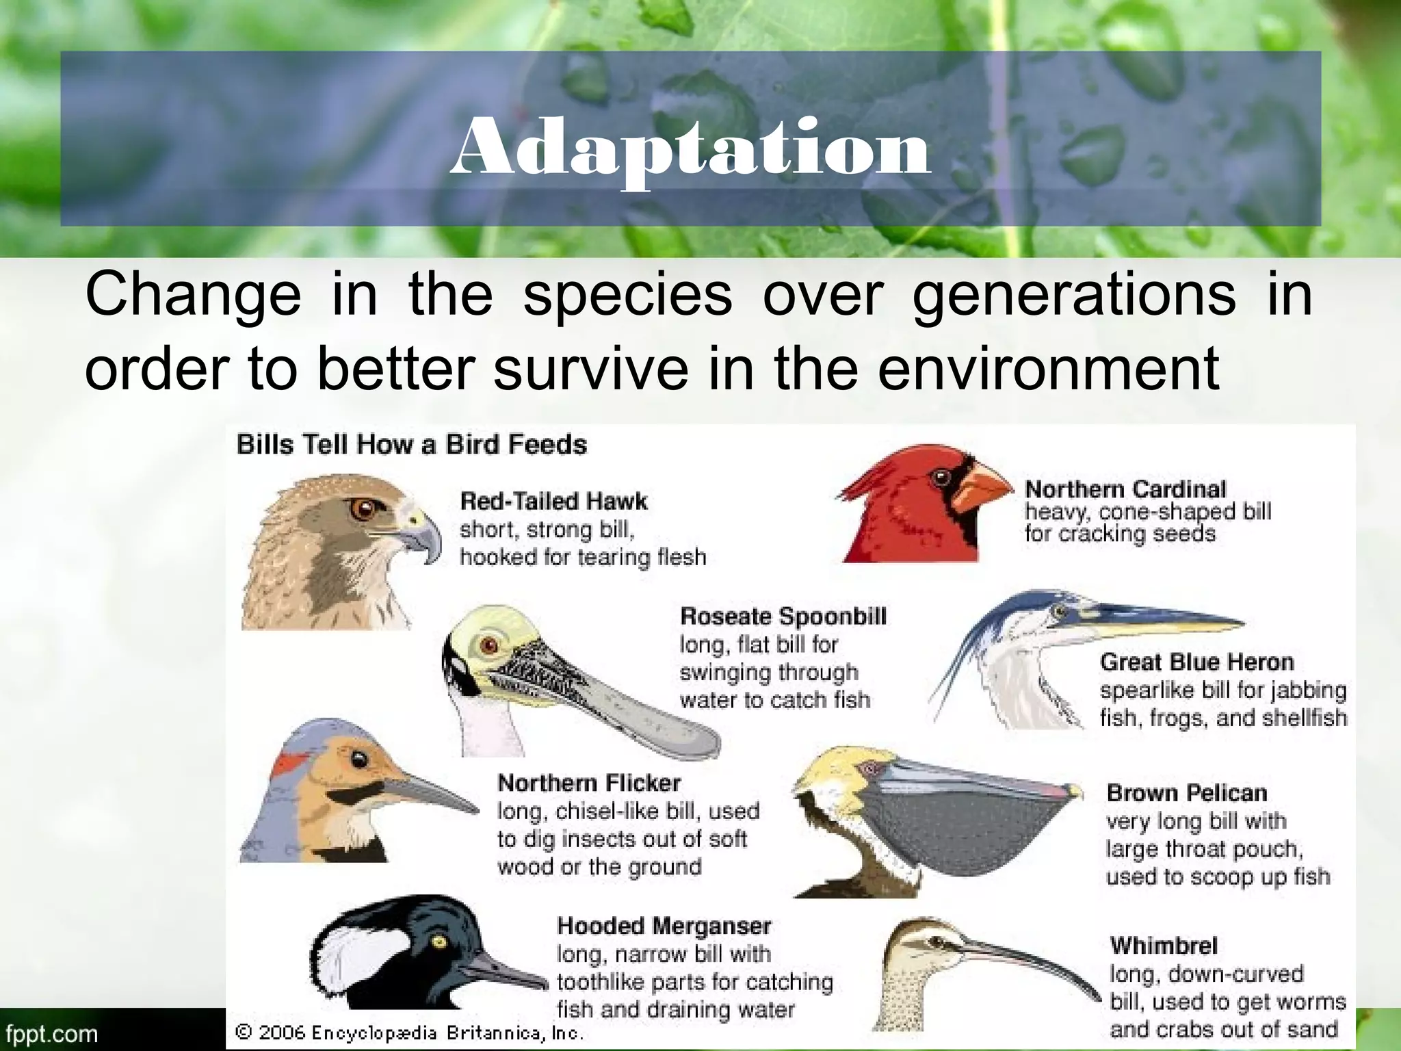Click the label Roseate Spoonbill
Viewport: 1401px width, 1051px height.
click(x=783, y=617)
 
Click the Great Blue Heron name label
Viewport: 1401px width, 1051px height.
click(x=1197, y=662)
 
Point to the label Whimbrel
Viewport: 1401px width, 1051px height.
click(x=1164, y=946)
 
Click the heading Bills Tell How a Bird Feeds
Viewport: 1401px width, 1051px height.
click(x=411, y=445)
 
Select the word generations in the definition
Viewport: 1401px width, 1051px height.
click(x=1074, y=296)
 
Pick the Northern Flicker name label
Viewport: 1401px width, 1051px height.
click(x=589, y=783)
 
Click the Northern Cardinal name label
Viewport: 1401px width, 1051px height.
click(x=1125, y=489)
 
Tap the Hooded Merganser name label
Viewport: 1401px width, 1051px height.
click(x=664, y=926)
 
